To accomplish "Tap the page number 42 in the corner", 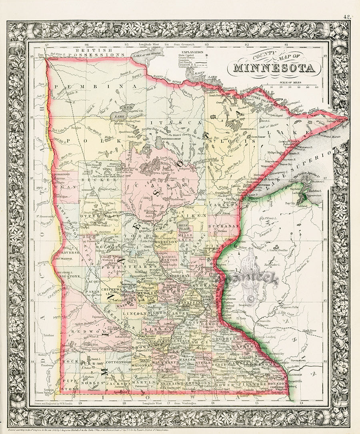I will click(x=346, y=17).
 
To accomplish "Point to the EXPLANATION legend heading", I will click(x=192, y=52).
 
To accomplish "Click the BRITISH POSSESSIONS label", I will click(x=96, y=52).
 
